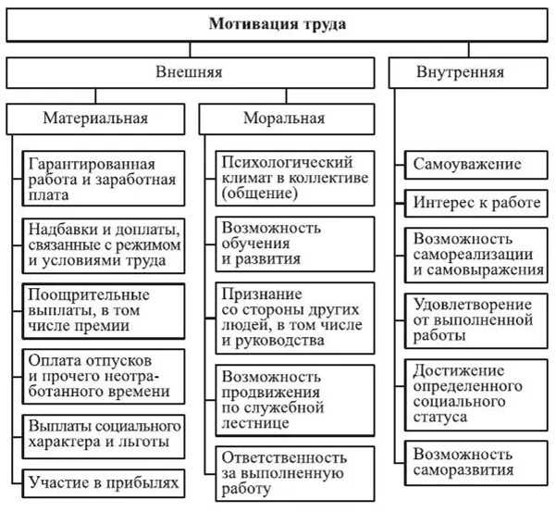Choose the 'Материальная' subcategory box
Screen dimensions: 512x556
click(96, 118)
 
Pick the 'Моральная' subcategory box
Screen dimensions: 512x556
click(284, 118)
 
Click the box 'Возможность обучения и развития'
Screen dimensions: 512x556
click(293, 243)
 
